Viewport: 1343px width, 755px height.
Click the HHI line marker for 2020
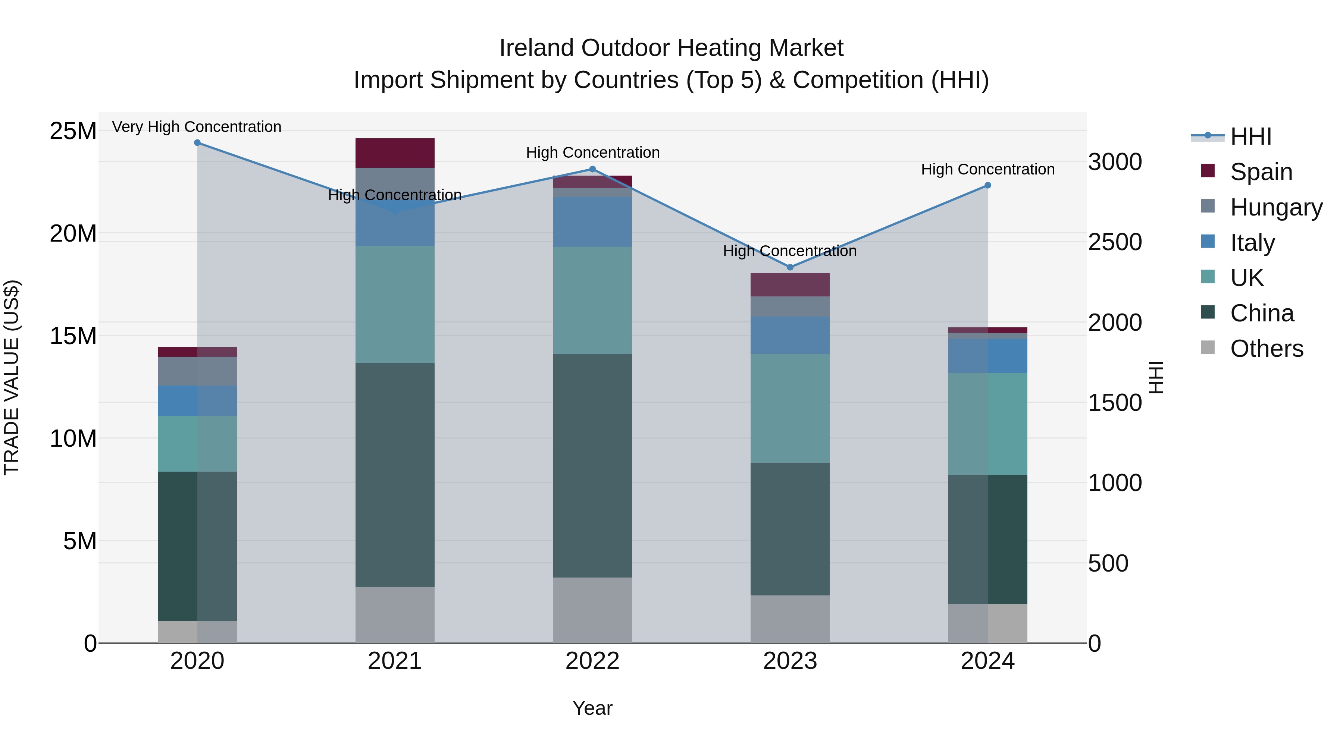click(197, 143)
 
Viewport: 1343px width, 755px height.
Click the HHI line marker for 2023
click(790, 267)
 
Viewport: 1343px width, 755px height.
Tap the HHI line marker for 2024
click(987, 186)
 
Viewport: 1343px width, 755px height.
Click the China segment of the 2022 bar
click(592, 465)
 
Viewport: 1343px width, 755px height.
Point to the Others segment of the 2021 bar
click(395, 615)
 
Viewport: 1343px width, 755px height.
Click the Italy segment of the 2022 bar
click(592, 221)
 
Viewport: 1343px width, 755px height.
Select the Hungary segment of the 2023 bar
click(790, 306)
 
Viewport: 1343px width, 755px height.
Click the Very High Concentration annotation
click(197, 127)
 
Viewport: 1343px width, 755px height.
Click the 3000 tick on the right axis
click(1115, 162)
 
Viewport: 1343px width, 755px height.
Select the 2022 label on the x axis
click(592, 661)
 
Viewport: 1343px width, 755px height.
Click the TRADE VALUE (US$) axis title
click(12, 377)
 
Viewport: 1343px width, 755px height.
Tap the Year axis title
click(592, 708)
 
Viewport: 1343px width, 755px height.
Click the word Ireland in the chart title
click(536, 48)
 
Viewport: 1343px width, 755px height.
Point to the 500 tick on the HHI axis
click(1108, 563)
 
